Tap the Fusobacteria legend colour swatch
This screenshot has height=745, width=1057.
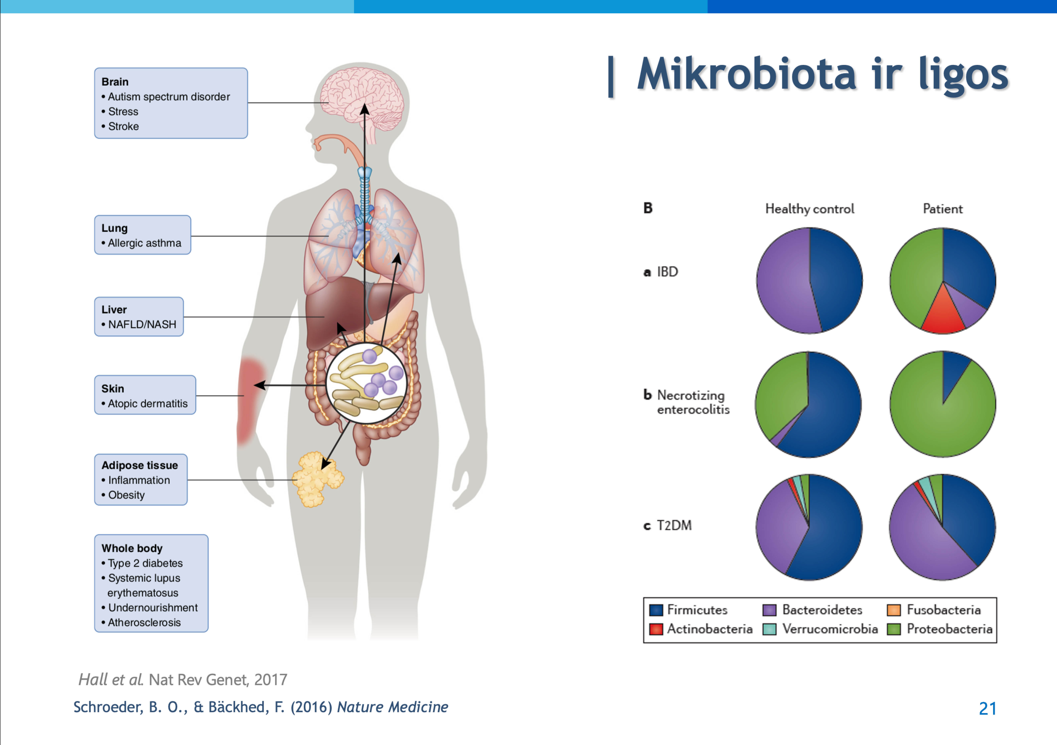pos(894,610)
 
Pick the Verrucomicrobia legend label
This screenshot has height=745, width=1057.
pos(830,629)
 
